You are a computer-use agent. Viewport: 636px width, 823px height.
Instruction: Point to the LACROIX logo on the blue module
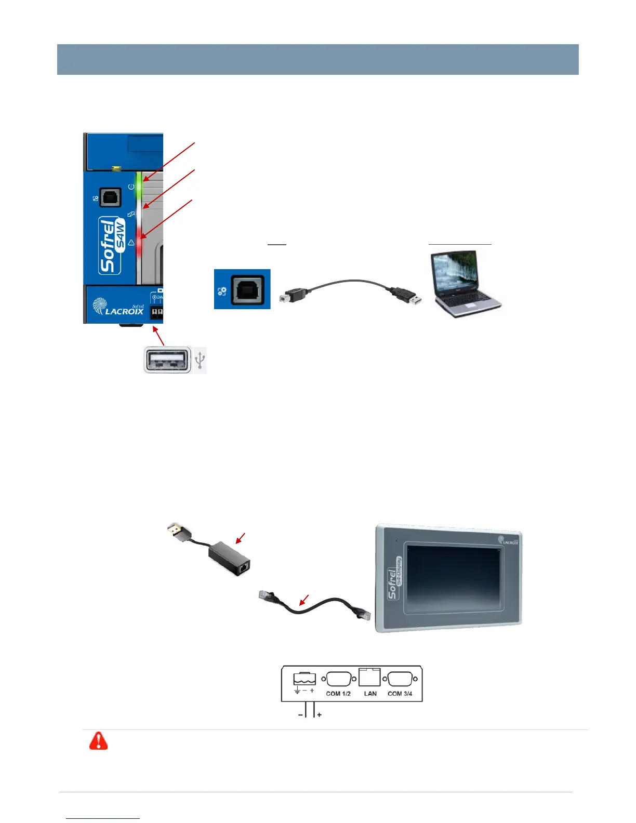coord(118,307)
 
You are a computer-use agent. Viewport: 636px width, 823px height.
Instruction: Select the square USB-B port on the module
coord(110,197)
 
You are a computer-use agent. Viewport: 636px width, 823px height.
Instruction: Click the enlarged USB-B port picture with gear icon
coord(242,289)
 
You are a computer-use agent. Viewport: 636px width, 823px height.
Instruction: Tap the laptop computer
coord(464,283)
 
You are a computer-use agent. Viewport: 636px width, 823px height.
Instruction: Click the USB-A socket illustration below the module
coord(167,360)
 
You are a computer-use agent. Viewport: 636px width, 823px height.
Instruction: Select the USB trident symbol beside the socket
coord(200,360)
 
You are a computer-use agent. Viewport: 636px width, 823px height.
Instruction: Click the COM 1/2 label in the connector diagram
coord(338,694)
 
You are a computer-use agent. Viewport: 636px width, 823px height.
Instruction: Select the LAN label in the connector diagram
coord(370,694)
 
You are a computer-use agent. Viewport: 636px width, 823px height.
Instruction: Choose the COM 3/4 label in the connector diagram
coord(400,694)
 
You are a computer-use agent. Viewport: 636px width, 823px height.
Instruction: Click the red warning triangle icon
coord(98,741)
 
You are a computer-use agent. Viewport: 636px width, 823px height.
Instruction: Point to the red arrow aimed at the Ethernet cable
coord(304,600)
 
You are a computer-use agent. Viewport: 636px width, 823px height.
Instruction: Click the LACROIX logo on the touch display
coord(508,541)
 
